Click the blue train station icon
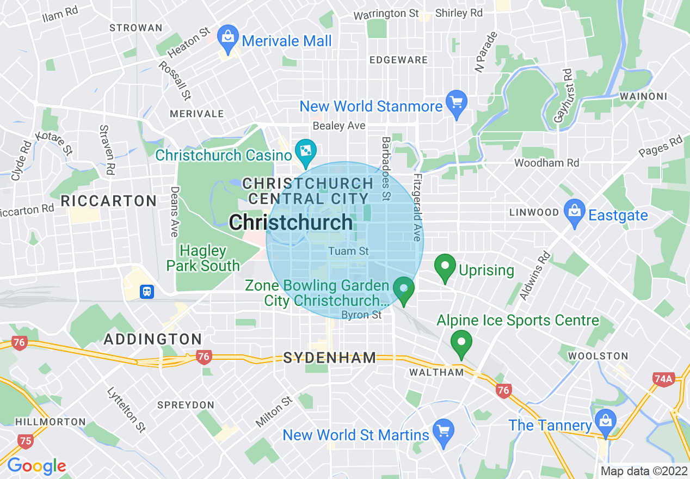[146, 292]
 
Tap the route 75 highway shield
[25, 441]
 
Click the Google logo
[36, 466]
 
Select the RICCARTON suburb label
[109, 201]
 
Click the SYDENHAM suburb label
[330, 358]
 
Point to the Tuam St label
[349, 251]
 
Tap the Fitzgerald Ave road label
[417, 207]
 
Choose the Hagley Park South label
[203, 258]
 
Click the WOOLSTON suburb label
[598, 356]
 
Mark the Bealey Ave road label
[338, 126]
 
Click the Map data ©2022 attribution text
[642, 471]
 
